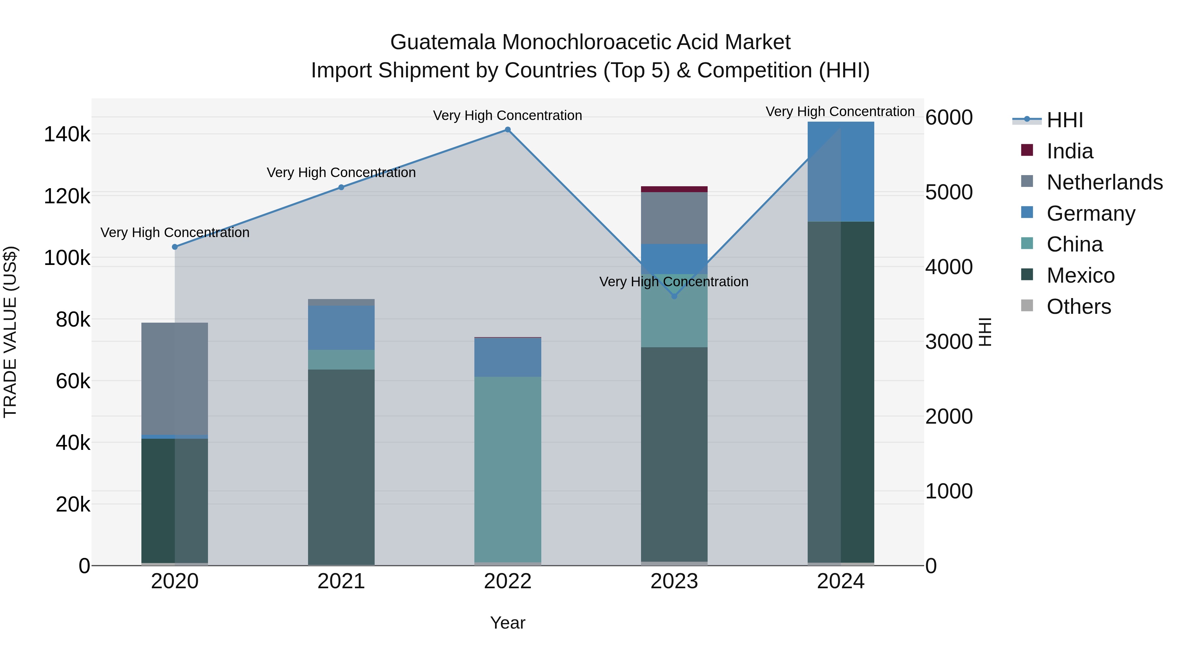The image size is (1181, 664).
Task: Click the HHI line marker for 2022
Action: pos(508,130)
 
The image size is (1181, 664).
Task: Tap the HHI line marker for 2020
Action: pos(175,247)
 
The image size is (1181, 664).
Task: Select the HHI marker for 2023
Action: pos(674,296)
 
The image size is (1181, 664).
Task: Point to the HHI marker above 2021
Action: pos(341,187)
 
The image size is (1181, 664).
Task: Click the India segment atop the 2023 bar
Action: pos(674,189)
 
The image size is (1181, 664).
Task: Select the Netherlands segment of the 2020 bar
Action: pos(175,378)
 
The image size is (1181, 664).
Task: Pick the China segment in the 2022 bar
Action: pos(508,467)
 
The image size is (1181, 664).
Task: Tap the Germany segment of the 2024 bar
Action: pos(841,172)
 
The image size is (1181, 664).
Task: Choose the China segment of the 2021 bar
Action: pos(341,360)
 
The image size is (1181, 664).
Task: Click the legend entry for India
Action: pos(1069,151)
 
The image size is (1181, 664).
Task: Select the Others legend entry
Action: pos(1078,307)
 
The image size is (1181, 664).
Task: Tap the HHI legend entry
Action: pos(1065,120)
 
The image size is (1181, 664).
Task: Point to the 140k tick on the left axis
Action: pos(67,135)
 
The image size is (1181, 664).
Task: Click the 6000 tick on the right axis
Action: pos(948,118)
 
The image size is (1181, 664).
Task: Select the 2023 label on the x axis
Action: pos(674,581)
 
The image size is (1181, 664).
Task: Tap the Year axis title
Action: pos(508,623)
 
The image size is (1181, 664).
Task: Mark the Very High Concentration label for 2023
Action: pos(673,282)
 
